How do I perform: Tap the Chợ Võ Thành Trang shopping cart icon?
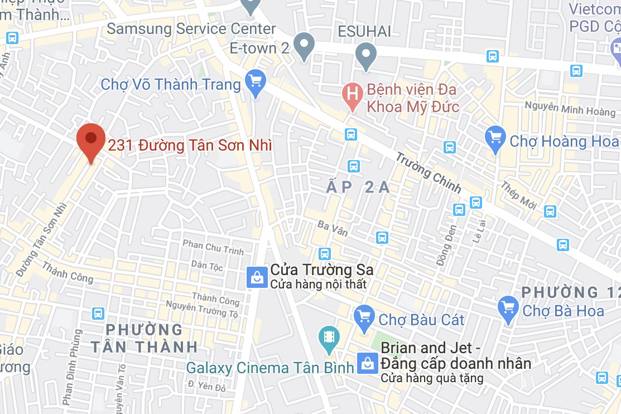click(256, 83)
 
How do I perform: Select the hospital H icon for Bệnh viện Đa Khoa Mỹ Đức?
click(352, 93)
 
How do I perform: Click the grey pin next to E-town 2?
click(304, 45)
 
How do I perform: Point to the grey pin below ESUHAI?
click(365, 55)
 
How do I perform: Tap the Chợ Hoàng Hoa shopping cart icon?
click(495, 138)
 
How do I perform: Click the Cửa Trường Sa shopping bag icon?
click(257, 277)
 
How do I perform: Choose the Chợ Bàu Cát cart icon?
click(364, 317)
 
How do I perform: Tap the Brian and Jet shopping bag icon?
click(368, 363)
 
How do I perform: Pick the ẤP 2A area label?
click(358, 188)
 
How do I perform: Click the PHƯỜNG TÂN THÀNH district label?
click(144, 338)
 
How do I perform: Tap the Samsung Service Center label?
click(191, 28)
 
